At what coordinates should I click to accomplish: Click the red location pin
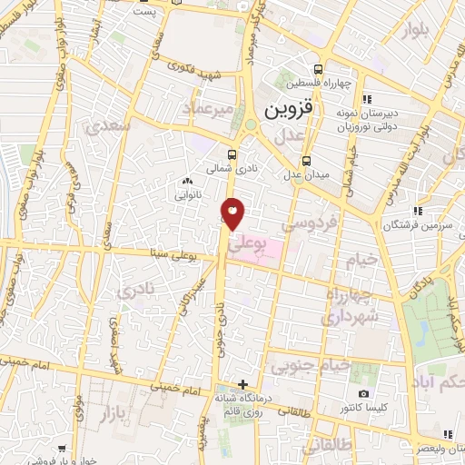pyautogui.click(x=233, y=213)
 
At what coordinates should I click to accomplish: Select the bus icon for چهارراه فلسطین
pyautogui.click(x=318, y=69)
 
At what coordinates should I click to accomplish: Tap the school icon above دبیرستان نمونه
pyautogui.click(x=366, y=99)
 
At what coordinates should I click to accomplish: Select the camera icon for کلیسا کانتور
pyautogui.click(x=364, y=393)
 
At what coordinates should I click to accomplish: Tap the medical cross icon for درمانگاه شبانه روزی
pyautogui.click(x=242, y=384)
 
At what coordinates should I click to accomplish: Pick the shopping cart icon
pyautogui.click(x=62, y=449)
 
